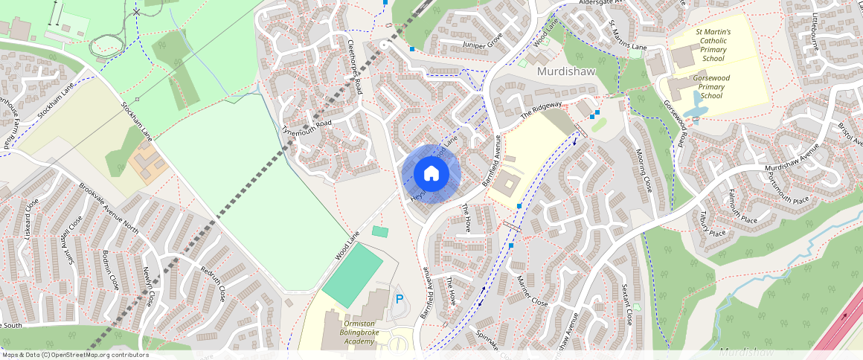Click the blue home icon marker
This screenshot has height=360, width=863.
(431, 174)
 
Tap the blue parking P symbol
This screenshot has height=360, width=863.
(400, 299)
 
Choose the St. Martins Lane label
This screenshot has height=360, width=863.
(627, 37)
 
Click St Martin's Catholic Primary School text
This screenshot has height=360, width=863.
(713, 45)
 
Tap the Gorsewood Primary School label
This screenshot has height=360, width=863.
(712, 86)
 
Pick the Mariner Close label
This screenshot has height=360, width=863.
(532, 291)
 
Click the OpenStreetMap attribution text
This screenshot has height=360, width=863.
(74, 355)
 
